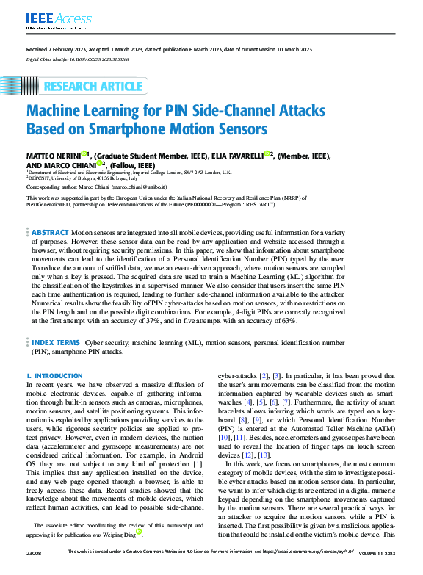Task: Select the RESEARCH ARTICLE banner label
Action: [x=93, y=87]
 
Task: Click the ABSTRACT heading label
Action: [x=50, y=211]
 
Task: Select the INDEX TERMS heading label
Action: [x=55, y=342]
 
